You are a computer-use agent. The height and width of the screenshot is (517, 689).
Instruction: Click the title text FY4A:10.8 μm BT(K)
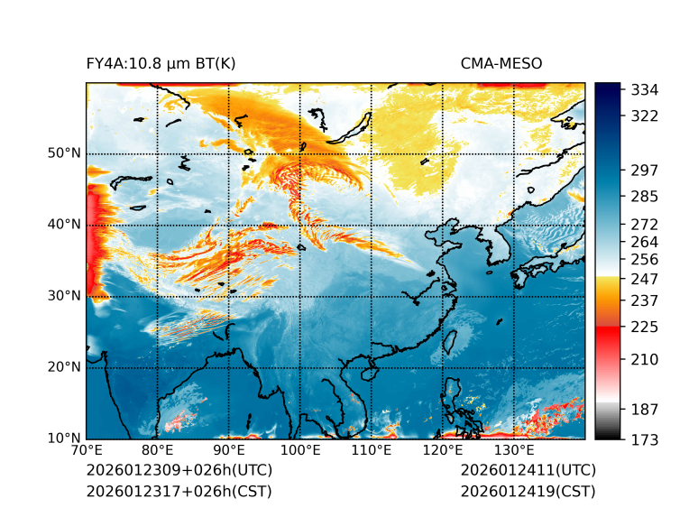coord(161,63)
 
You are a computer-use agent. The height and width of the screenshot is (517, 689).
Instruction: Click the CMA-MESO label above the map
coord(501,63)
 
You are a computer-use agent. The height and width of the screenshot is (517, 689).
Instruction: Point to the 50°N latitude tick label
coord(64,153)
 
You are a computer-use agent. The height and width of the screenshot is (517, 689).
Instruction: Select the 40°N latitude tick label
coord(64,225)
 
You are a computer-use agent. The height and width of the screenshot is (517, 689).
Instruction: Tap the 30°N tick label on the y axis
coord(64,296)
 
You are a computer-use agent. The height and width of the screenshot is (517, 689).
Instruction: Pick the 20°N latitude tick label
coord(64,367)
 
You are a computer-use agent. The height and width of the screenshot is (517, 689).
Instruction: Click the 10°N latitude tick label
coord(64,439)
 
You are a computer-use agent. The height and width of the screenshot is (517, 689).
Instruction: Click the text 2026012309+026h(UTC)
coord(179,471)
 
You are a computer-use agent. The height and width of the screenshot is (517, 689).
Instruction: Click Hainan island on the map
coord(367,374)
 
